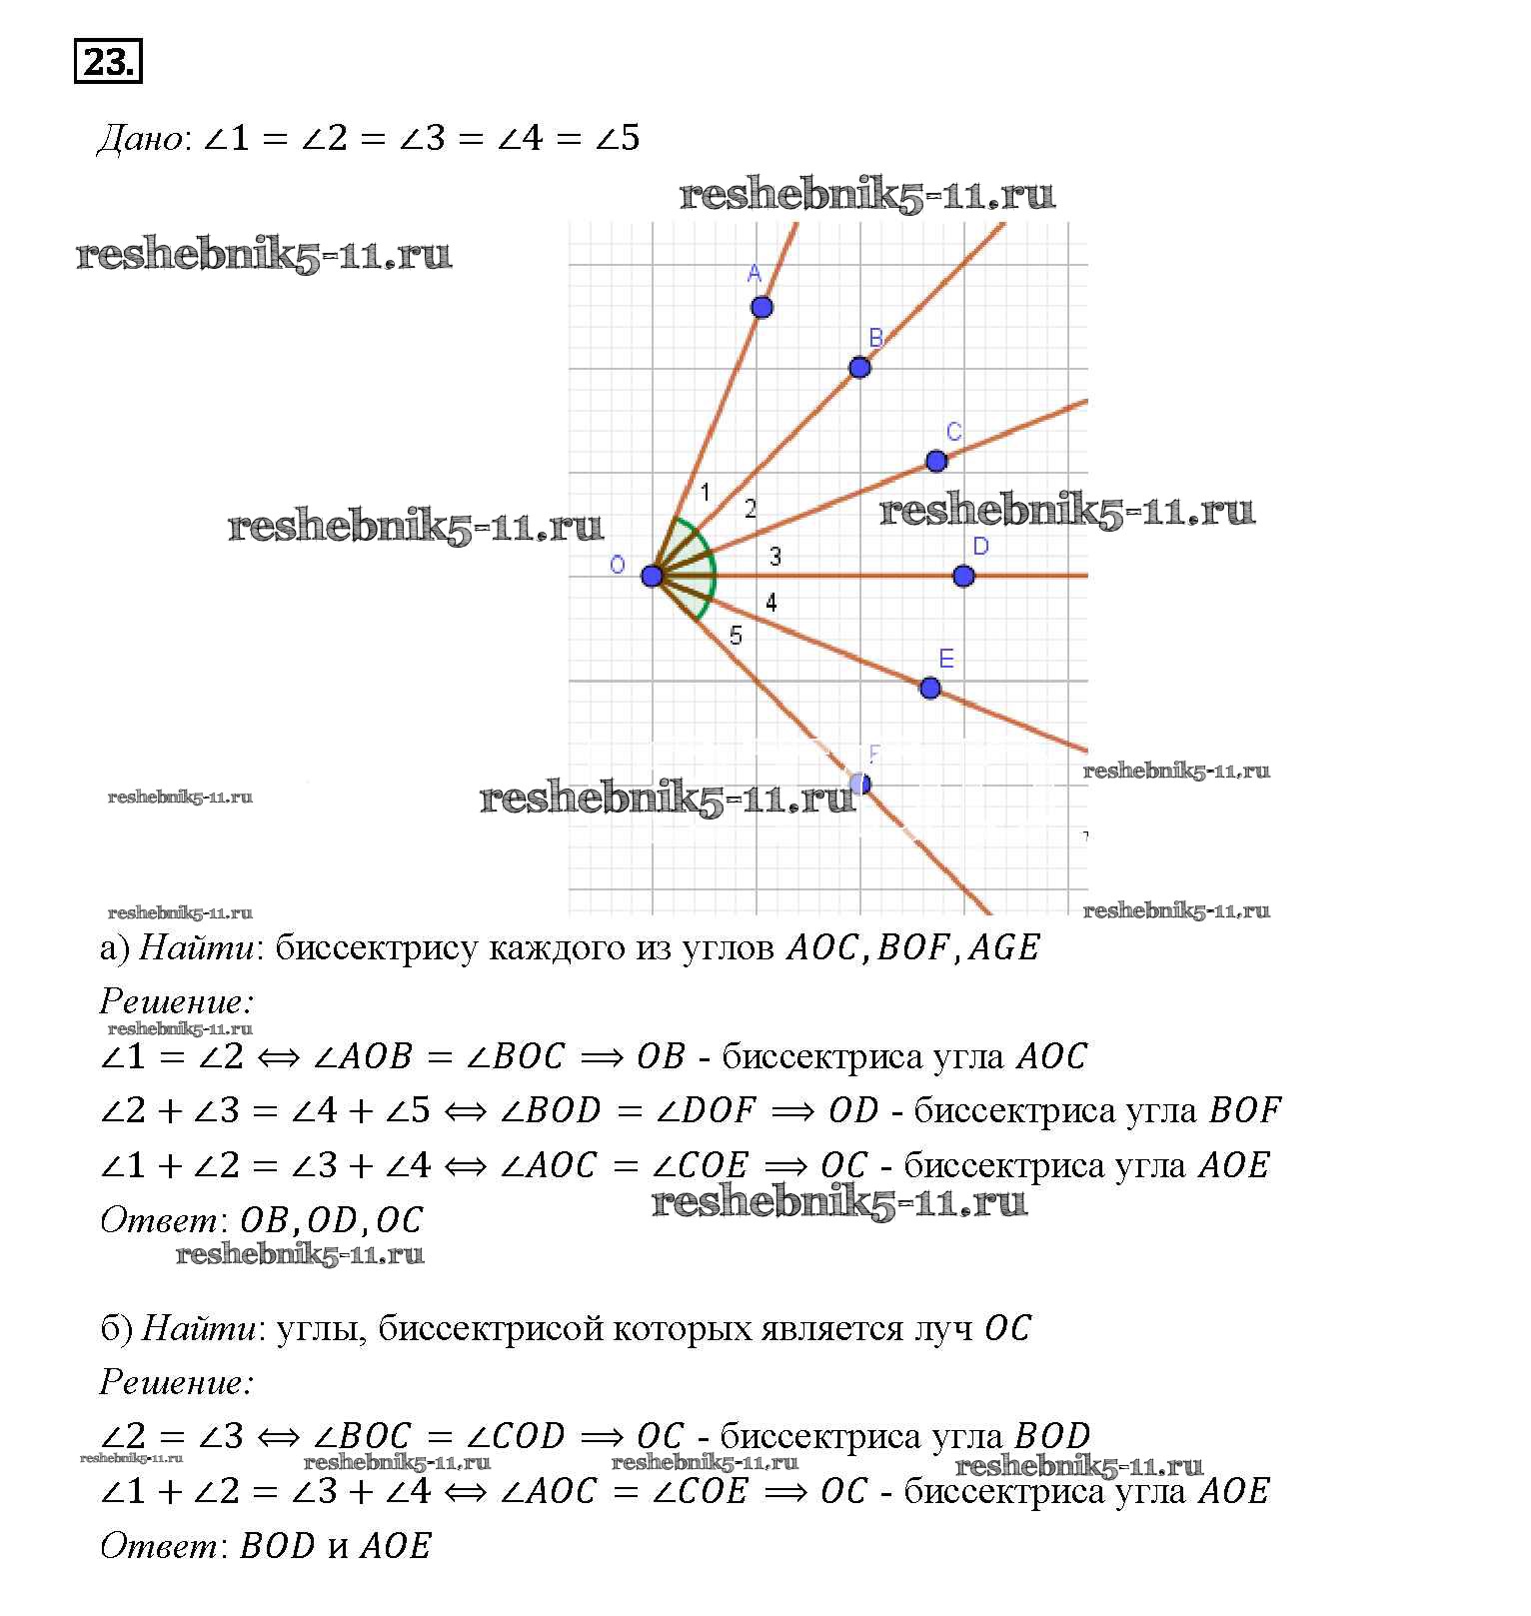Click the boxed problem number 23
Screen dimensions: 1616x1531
point(108,62)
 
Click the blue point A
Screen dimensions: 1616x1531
point(762,307)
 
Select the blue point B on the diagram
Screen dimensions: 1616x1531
point(859,368)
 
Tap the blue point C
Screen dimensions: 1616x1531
point(936,461)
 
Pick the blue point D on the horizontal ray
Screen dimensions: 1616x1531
point(963,576)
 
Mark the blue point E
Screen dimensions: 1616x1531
point(930,688)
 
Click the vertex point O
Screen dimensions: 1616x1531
point(652,576)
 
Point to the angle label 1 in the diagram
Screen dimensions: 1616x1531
point(705,492)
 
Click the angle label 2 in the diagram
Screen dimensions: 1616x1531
point(751,510)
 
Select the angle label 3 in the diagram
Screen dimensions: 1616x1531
point(775,557)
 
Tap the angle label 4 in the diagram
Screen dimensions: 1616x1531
point(770,603)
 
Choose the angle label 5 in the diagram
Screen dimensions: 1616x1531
point(736,636)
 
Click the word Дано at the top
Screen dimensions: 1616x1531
point(140,138)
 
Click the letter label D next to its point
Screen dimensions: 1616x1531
point(980,546)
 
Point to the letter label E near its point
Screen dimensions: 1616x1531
point(946,659)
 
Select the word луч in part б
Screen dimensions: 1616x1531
point(941,1328)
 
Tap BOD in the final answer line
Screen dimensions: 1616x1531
point(278,1546)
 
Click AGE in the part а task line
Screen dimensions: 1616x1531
point(1003,947)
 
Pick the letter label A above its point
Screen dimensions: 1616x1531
point(755,273)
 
